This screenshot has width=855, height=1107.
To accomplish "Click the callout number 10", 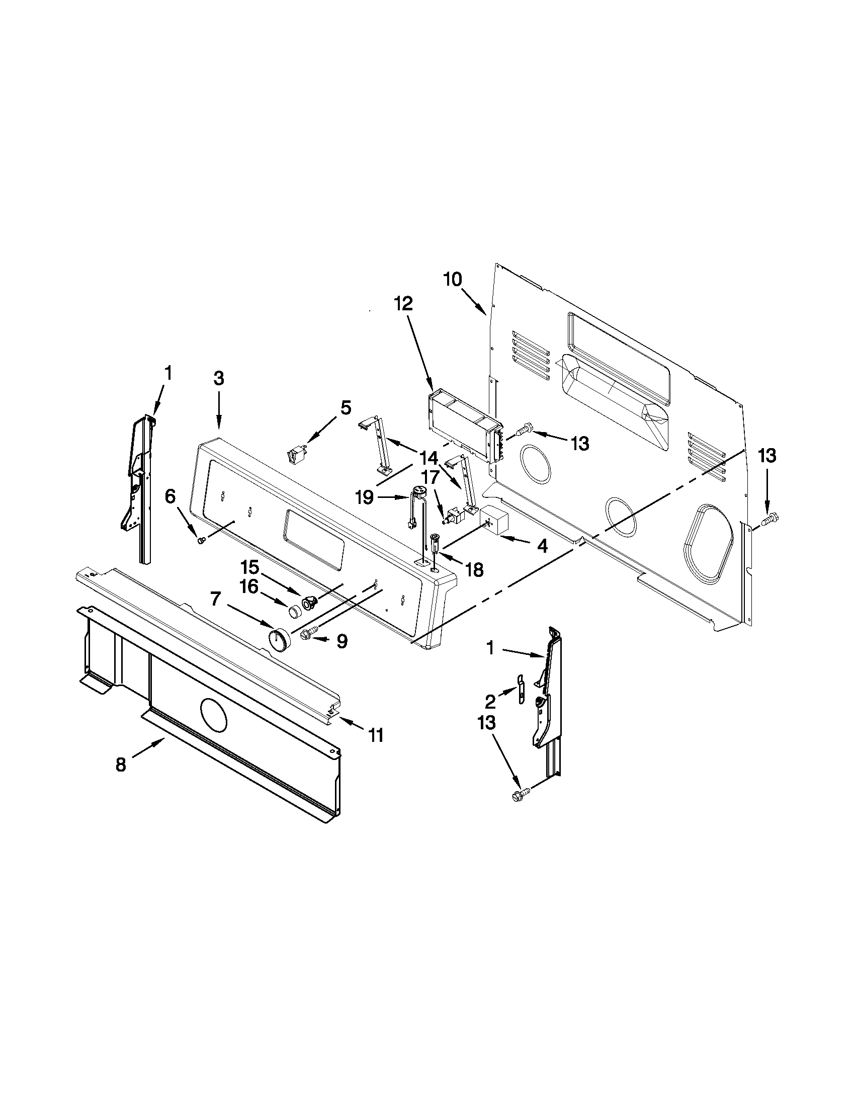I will click(453, 279).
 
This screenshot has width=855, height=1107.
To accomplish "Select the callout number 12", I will click(404, 304).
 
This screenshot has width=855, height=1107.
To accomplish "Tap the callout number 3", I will click(218, 378).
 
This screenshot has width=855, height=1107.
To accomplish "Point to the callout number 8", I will click(121, 764).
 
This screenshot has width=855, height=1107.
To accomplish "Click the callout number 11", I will click(376, 734).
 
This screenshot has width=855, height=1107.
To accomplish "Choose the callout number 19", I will click(365, 498).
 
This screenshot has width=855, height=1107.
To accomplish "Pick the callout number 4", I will click(542, 546).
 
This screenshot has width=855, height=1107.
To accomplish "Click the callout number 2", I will click(489, 702).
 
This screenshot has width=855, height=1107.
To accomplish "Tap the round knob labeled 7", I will click(277, 639).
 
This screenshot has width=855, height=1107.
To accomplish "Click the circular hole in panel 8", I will click(215, 715).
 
